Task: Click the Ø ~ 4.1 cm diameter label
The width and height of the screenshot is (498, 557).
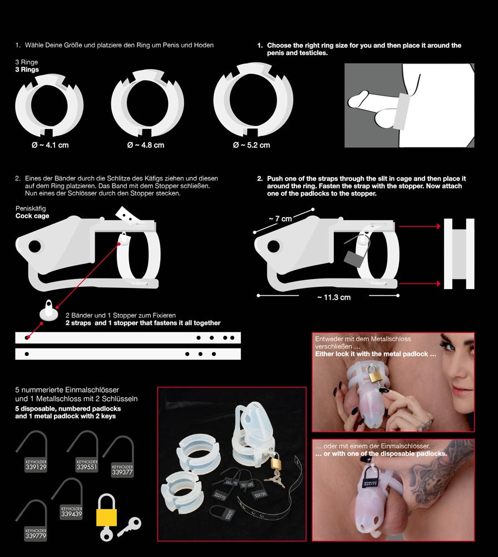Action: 50,145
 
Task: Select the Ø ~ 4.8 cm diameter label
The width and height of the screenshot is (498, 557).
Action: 146,145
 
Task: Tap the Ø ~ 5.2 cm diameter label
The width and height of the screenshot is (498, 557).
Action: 252,145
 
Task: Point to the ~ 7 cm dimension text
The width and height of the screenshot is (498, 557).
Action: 280,219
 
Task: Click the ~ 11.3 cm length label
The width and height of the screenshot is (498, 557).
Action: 334,297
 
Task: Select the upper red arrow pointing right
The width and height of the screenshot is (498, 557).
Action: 418,227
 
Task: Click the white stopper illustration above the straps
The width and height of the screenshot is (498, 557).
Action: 51,312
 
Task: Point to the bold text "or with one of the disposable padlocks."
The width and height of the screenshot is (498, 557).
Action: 381,454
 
